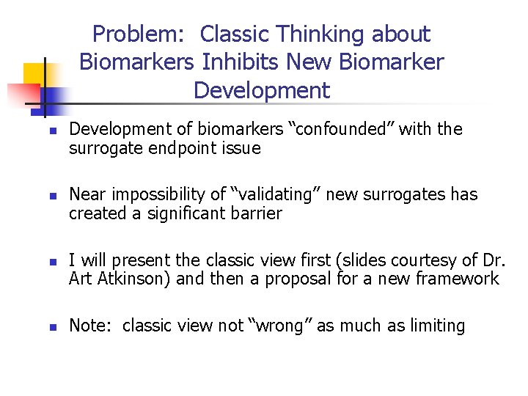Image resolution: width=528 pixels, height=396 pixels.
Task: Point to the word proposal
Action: [290, 279]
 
